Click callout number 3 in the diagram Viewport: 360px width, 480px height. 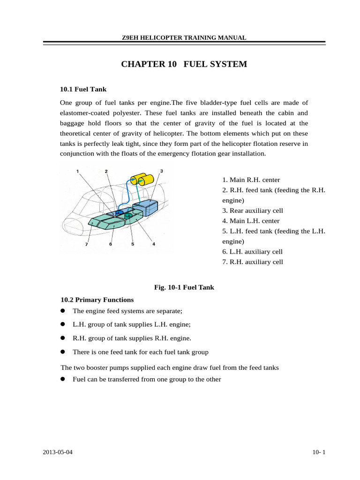(161, 171)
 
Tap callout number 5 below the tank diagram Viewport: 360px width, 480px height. (133, 244)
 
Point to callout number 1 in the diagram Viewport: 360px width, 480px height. (77, 171)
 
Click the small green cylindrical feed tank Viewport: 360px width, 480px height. (127, 215)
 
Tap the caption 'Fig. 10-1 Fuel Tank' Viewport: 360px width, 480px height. (184, 287)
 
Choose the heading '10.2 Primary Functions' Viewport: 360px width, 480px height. (97, 300)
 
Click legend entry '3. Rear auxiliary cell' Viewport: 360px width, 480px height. (253, 210)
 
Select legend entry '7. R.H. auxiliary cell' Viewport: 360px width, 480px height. (253, 262)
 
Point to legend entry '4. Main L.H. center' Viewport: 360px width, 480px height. (251, 221)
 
